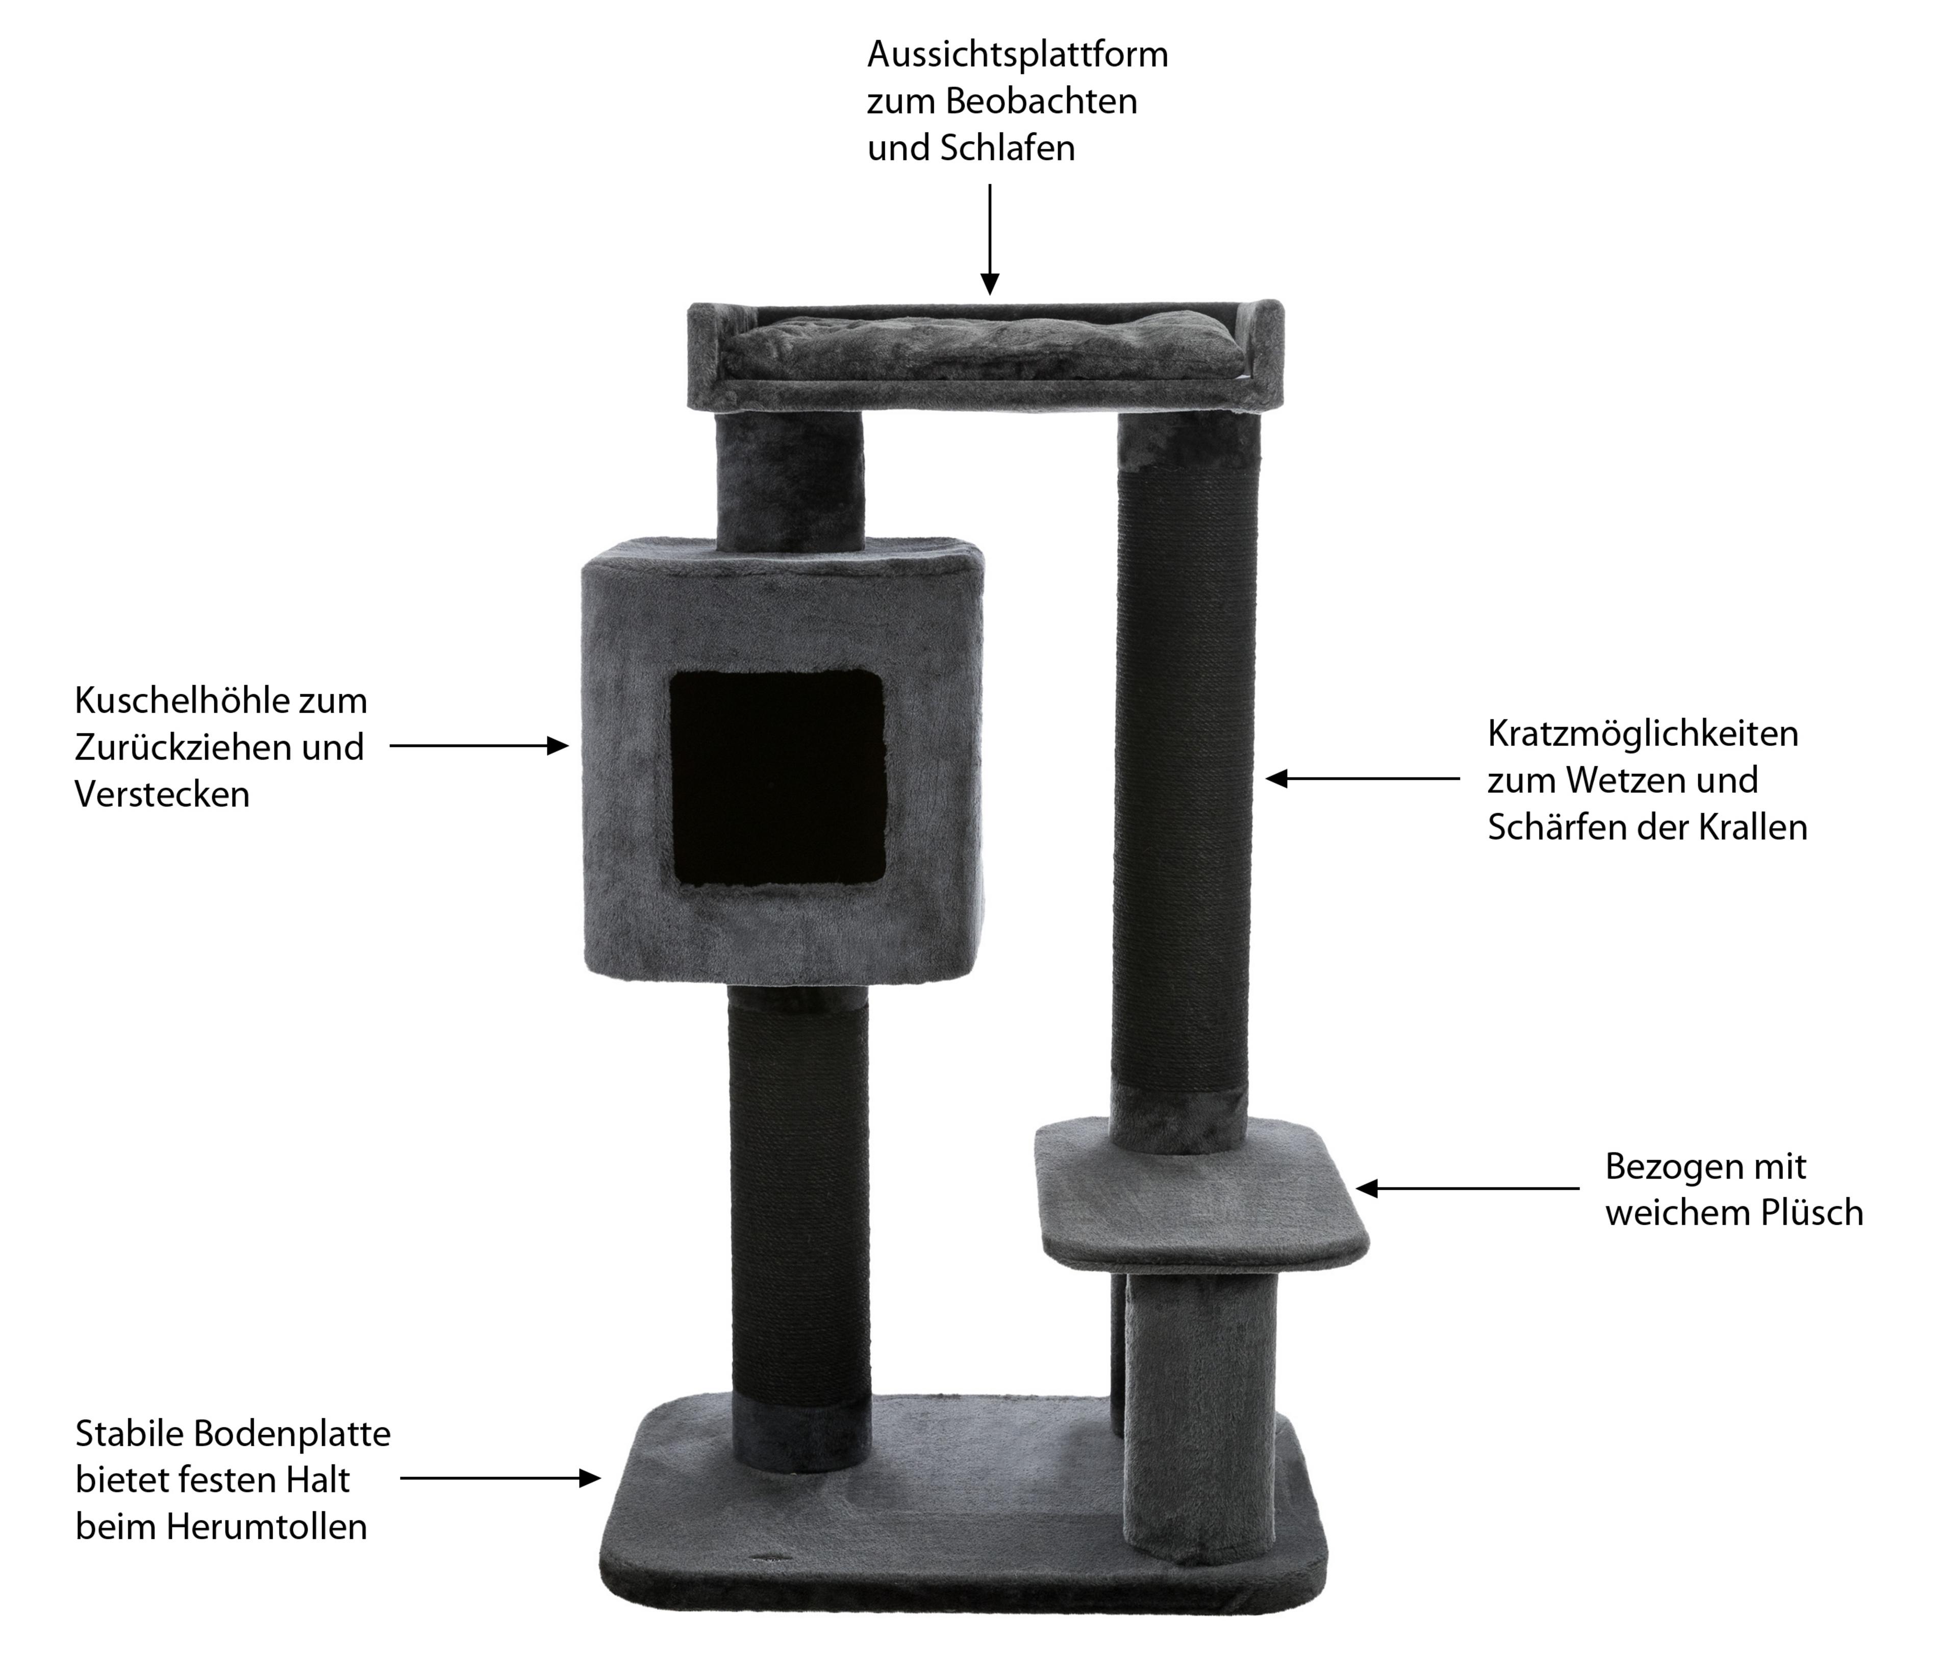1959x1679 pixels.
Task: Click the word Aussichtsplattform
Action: tap(1017, 55)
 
